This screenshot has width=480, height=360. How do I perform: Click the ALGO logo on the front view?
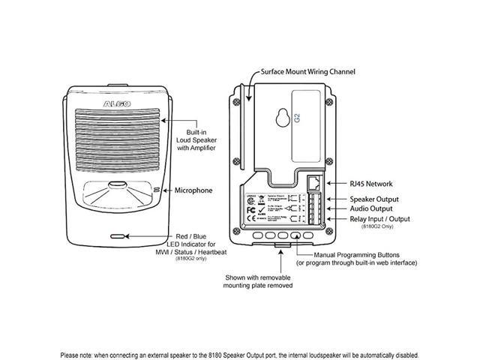(x=115, y=98)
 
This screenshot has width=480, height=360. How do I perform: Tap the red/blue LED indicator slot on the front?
(x=117, y=235)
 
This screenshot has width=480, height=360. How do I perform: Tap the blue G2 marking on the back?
(x=297, y=117)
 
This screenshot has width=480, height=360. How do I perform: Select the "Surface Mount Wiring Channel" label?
(x=307, y=72)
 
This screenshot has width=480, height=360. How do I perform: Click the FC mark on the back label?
(x=253, y=212)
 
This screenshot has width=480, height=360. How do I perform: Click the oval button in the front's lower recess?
(x=117, y=184)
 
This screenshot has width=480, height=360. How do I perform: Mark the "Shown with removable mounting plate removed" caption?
(x=258, y=281)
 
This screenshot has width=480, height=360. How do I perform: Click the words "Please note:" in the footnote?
(x=78, y=355)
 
